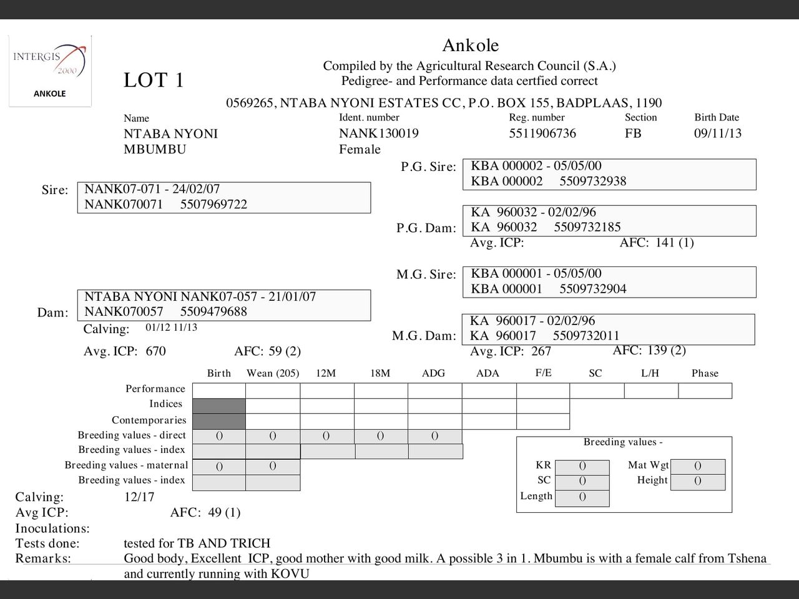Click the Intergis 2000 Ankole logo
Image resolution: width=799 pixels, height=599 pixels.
[50, 71]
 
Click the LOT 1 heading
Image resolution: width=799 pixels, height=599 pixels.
[154, 80]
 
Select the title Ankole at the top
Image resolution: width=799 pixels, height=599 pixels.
[470, 46]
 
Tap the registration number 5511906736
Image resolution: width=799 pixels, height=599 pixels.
[542, 134]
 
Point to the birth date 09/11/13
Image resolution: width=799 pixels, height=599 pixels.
[718, 134]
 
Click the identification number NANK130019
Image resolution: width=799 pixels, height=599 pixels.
[379, 134]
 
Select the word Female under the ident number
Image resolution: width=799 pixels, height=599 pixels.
[360, 149]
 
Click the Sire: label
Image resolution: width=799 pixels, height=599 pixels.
[55, 190]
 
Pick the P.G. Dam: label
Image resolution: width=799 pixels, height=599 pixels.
[426, 228]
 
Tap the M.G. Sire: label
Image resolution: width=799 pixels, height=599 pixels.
[426, 275]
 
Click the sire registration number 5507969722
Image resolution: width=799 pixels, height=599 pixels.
[213, 205]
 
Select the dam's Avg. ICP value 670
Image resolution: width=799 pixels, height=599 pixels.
[156, 351]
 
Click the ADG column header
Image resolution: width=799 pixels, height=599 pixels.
[433, 373]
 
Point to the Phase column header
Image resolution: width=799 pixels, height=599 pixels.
[705, 373]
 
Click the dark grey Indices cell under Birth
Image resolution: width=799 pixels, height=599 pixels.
[218, 406]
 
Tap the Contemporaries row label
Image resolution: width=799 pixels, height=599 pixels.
[149, 420]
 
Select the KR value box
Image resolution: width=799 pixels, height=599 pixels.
[582, 465]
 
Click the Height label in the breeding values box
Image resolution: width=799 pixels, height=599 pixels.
[652, 480]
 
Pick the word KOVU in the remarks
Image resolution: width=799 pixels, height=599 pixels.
[290, 573]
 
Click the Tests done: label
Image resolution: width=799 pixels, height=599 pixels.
[47, 543]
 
